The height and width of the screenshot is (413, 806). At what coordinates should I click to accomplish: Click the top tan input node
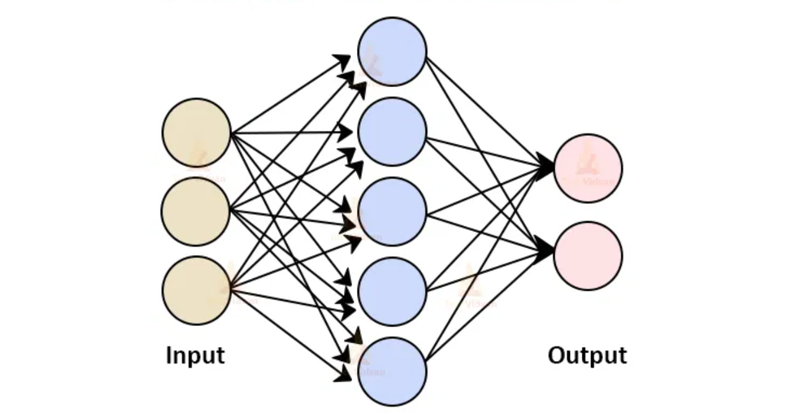(x=196, y=133)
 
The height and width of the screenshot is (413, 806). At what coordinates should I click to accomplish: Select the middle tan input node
(x=196, y=211)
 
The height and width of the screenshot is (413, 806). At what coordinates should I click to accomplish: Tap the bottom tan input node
(x=196, y=290)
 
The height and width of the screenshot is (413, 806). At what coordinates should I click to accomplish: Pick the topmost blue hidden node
(x=392, y=51)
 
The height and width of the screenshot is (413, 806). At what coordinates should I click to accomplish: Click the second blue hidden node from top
(x=392, y=131)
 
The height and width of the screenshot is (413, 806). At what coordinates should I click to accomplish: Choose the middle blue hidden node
(x=392, y=212)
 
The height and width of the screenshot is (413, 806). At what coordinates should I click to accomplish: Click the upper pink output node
(x=588, y=169)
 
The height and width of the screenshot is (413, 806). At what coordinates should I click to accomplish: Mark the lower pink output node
(x=588, y=256)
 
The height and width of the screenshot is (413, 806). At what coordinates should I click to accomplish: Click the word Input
(x=196, y=356)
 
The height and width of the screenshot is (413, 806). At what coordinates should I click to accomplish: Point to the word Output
(x=587, y=356)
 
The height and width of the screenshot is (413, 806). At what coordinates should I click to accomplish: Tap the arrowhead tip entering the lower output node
(x=554, y=252)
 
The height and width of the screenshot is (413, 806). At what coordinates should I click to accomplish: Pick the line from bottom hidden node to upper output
(x=488, y=265)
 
